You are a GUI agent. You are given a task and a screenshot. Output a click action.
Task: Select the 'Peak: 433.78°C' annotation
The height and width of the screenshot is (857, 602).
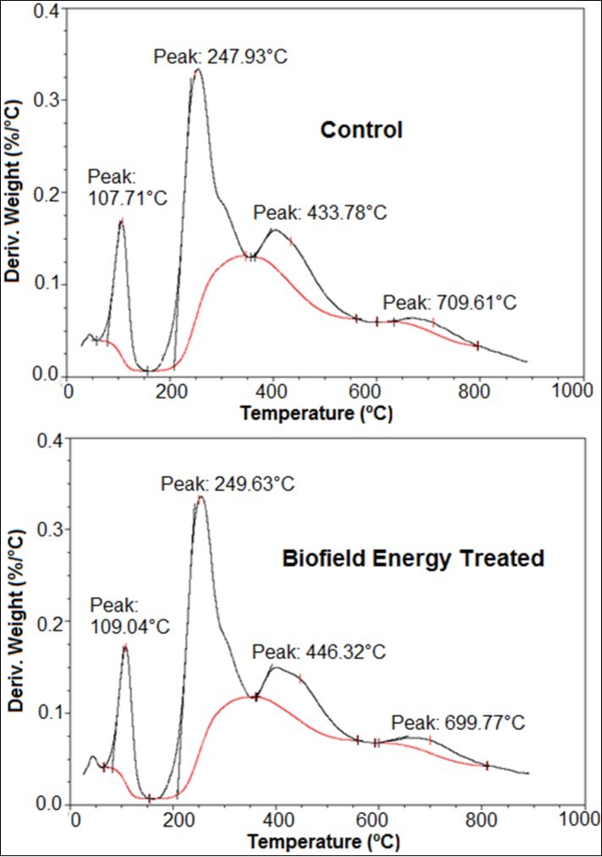point(320,212)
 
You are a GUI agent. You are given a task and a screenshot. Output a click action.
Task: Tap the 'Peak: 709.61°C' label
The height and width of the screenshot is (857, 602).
point(449,302)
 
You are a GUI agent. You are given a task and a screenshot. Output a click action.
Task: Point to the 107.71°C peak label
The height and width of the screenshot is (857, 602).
point(128,188)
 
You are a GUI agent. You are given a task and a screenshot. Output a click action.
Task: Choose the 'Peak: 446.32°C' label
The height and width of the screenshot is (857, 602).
point(320,651)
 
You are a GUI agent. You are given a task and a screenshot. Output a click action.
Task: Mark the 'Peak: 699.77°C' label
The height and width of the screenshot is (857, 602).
point(458,723)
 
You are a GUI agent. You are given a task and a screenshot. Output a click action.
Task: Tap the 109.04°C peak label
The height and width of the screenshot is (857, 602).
point(129,616)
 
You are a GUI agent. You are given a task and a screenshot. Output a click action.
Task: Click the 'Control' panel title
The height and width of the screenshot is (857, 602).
point(361,130)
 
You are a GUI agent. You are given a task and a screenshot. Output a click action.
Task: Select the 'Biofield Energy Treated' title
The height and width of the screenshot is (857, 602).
point(413,558)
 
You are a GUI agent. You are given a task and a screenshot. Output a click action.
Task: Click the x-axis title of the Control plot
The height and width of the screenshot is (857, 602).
point(317,414)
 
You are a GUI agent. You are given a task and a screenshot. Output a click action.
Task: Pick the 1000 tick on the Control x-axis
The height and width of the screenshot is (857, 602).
point(571,393)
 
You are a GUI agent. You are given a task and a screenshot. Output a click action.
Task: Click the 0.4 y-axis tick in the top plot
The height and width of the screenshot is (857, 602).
point(47,11)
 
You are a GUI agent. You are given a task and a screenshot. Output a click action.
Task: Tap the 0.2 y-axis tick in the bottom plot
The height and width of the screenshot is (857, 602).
point(52,622)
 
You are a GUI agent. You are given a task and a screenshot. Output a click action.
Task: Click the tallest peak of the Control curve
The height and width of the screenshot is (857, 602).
point(198,71)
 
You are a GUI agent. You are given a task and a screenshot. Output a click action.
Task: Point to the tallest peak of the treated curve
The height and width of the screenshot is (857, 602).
point(200,497)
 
